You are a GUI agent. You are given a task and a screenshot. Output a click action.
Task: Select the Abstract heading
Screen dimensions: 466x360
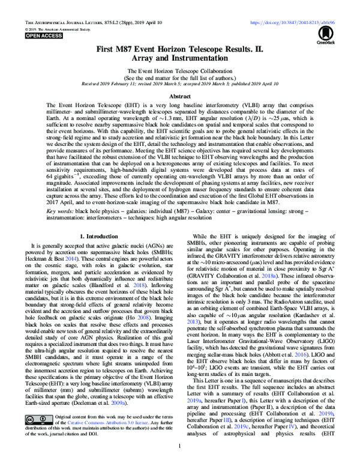point(180,95)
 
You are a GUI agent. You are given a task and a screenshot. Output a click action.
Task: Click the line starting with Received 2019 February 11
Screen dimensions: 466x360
point(180,84)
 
